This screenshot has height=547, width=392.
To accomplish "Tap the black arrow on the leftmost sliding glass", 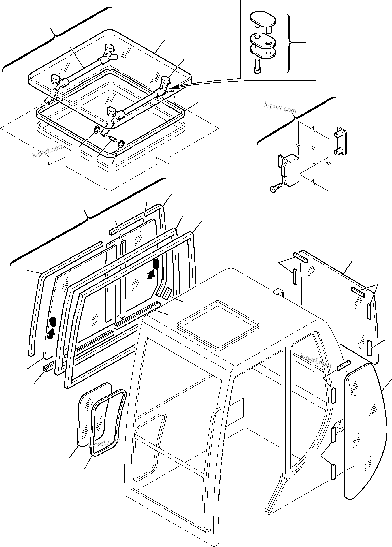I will (51, 334).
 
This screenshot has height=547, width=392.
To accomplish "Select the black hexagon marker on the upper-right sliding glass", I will (156, 264).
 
